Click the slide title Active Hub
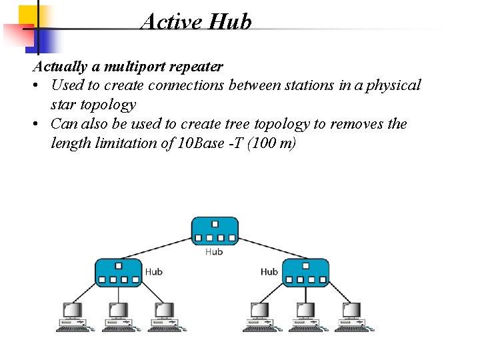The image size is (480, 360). click(x=196, y=21)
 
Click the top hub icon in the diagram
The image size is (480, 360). click(x=215, y=231)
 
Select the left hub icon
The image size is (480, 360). click(x=119, y=273)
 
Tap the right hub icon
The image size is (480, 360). click(x=305, y=273)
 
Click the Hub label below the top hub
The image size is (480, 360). click(x=214, y=251)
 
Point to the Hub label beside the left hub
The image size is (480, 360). click(x=153, y=271)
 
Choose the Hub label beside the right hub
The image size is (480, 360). click(x=269, y=271)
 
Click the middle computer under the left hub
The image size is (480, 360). click(x=118, y=317)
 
